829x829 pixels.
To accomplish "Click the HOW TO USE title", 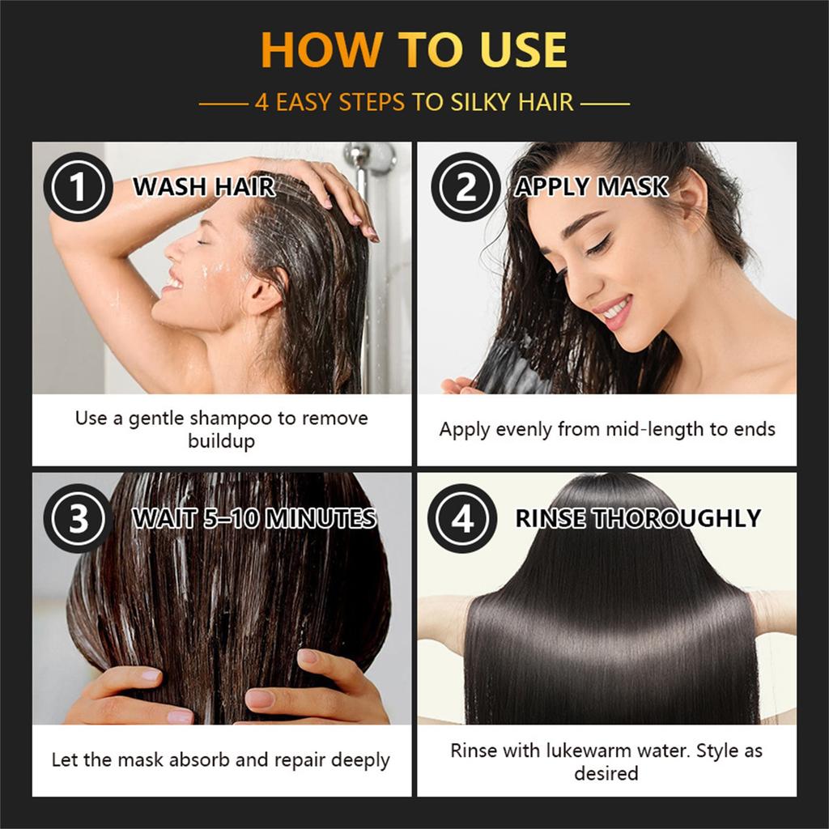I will click(x=414, y=50).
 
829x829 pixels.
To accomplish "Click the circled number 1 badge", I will click(x=78, y=187).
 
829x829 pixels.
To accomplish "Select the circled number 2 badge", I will click(x=465, y=187).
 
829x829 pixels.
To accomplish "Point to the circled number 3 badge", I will click(x=78, y=519).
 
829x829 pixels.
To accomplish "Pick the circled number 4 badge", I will click(x=462, y=519).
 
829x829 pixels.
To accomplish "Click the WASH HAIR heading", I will click(x=204, y=187).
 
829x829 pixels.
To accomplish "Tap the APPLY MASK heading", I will click(x=592, y=187).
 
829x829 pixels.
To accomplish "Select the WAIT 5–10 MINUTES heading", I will click(x=254, y=519).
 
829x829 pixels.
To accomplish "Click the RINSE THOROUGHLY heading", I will click(x=638, y=519).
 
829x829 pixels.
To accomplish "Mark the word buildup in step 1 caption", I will click(x=221, y=441).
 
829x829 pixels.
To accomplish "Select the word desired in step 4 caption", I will click(x=606, y=773).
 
